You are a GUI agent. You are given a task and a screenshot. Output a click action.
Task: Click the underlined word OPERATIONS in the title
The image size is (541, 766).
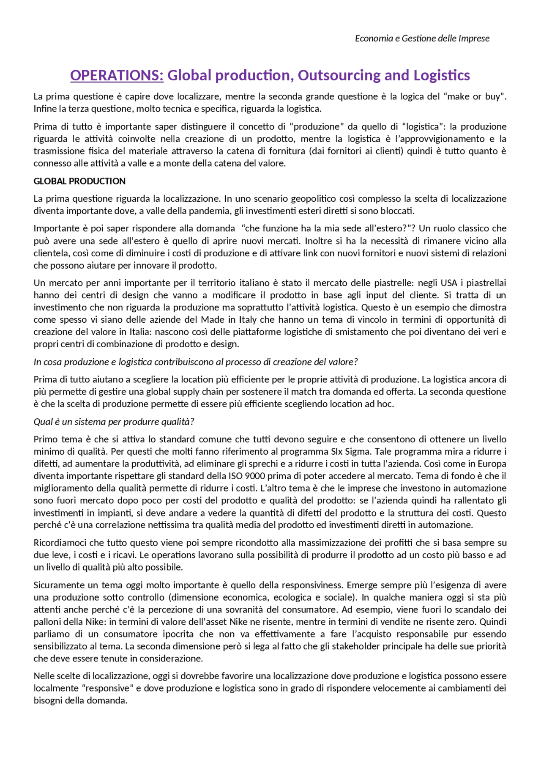pyautogui.click(x=117, y=75)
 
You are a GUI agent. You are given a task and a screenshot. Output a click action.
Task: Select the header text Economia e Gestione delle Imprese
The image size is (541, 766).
pyautogui.click(x=422, y=38)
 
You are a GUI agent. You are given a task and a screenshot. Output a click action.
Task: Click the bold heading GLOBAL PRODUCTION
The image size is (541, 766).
pyautogui.click(x=79, y=181)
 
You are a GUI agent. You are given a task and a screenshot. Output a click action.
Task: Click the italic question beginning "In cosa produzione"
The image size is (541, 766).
pyautogui.click(x=196, y=362)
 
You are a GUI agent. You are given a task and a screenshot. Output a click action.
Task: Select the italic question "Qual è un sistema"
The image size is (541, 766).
pyautogui.click(x=114, y=422)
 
